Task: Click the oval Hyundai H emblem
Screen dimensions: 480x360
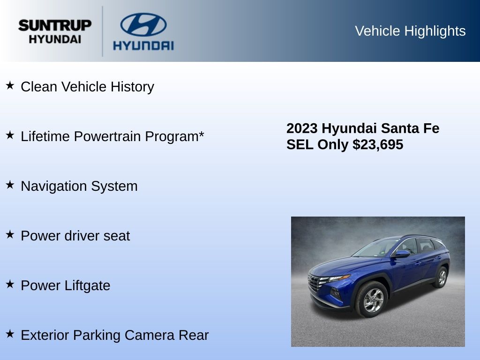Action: [x=143, y=24]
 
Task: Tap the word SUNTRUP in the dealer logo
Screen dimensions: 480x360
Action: [x=55, y=25]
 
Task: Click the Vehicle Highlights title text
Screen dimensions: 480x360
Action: [x=410, y=31]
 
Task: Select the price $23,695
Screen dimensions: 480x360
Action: [x=378, y=144]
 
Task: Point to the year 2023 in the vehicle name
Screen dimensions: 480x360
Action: [x=302, y=128]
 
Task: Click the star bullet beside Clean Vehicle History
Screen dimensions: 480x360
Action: [x=10, y=85]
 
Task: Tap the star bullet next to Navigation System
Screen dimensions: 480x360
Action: [x=10, y=185]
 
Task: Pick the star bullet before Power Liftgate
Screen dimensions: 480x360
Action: [x=10, y=284]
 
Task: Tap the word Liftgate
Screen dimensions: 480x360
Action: [x=88, y=286]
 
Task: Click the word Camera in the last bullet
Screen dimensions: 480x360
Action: [x=150, y=335]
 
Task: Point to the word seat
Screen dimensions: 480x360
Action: [x=117, y=236]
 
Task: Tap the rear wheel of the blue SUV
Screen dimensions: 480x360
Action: [x=441, y=277]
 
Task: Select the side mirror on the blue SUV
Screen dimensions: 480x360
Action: [x=402, y=254]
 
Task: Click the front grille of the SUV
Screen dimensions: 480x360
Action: [x=315, y=284]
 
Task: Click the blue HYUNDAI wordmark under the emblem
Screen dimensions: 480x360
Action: [x=143, y=45]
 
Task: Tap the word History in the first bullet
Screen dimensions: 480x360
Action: [x=132, y=87]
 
